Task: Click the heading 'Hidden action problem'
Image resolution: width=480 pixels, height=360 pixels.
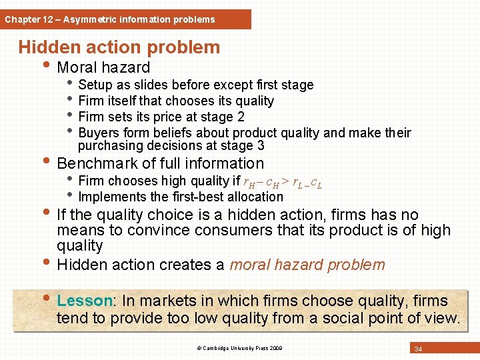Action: [119, 47]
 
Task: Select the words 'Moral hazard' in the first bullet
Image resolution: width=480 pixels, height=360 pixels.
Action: [103, 67]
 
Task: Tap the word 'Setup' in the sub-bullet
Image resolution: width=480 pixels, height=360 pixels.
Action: [95, 85]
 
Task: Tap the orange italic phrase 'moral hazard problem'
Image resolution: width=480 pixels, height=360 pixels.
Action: [307, 265]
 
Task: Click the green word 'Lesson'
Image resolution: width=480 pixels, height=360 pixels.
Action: [83, 301]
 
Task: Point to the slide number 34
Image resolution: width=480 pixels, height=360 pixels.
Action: [418, 349]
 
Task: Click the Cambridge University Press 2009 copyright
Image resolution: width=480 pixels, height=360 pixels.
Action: [239, 349]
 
